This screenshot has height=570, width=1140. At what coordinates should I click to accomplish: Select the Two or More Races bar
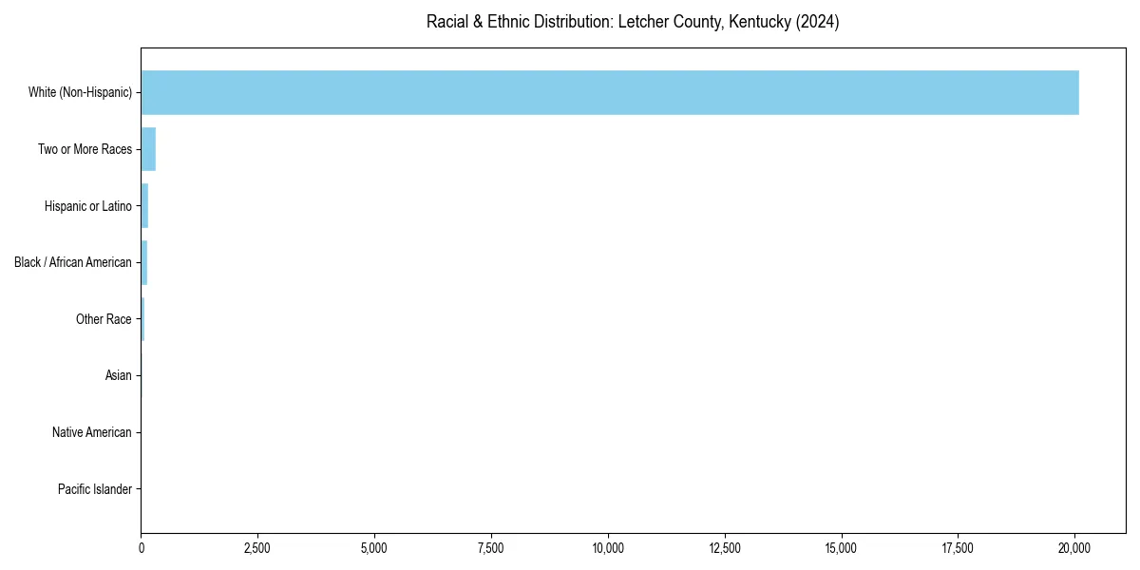coord(148,149)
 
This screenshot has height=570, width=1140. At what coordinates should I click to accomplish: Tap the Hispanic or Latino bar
coord(144,206)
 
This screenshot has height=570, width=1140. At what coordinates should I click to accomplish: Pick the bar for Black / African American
coord(144,262)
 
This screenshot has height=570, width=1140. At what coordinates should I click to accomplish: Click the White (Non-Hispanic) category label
coord(80,92)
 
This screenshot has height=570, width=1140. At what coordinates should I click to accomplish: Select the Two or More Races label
coord(85,149)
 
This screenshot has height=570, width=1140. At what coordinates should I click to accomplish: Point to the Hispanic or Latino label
coord(87,206)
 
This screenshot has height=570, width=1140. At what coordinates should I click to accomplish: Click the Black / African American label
coord(72,262)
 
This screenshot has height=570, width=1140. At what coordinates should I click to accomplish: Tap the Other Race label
coord(104,319)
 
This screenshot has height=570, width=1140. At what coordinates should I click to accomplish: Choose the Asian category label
coord(118,376)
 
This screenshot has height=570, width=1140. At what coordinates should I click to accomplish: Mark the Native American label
coord(91,432)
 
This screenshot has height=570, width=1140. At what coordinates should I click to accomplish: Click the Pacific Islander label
coord(94,489)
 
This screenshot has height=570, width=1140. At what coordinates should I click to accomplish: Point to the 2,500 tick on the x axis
coord(257,548)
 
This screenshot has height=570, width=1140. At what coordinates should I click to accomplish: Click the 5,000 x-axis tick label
coord(374,548)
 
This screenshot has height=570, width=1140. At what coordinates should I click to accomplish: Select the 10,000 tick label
coord(608,548)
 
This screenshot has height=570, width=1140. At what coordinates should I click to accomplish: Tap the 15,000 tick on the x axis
coord(842,548)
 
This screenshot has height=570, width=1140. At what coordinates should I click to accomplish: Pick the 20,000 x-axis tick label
coord(1074,548)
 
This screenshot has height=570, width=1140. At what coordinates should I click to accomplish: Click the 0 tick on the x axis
coord(142,548)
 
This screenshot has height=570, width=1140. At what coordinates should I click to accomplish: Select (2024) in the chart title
coord(818,22)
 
